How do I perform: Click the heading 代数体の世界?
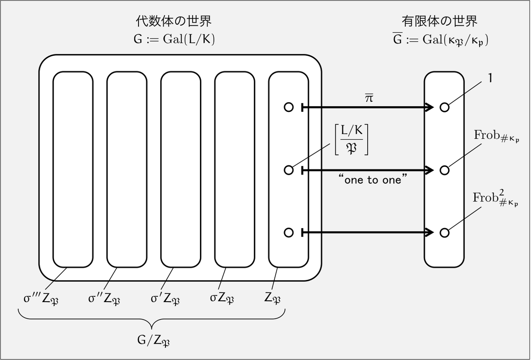pos(173,21)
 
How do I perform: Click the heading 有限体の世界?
pos(439,21)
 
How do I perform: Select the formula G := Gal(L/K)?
pos(174,39)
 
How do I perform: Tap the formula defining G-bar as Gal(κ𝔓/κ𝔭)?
pos(440,39)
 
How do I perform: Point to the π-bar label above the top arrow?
pos(369,98)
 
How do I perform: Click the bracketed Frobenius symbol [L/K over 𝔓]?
pos(351,139)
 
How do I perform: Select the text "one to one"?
pos(373,180)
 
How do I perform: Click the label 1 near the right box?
pos(490,78)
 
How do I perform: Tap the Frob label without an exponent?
pos(496,136)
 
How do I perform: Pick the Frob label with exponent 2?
pos(496,198)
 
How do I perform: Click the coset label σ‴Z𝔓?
pos(41,299)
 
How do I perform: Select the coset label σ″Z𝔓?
pos(104,299)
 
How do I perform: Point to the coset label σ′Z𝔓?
pos(165,299)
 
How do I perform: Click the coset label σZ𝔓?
pos(222,299)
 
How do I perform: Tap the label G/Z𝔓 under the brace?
pos(154,341)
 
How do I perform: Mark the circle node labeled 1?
pos(444,107)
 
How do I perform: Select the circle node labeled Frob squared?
pos(444,233)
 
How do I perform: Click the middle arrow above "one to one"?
pos(367,170)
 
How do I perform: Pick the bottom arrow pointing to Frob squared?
pos(367,233)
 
